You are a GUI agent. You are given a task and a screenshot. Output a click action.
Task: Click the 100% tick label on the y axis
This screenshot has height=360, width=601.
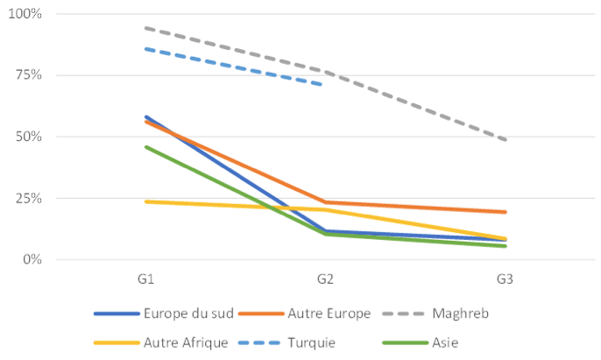[25, 15]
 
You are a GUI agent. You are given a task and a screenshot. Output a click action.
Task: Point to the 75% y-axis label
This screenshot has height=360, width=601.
[28, 75]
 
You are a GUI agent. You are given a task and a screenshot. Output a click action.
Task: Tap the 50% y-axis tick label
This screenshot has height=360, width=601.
[28, 137]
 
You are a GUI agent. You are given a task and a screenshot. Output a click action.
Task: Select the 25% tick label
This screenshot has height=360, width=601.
[28, 198]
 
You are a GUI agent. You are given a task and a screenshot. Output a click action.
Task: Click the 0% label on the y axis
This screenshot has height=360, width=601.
[32, 259]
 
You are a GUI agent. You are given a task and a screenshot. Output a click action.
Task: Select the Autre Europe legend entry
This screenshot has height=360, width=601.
[320, 313]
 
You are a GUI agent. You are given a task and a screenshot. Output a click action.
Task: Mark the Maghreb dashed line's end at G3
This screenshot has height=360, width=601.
[505, 139]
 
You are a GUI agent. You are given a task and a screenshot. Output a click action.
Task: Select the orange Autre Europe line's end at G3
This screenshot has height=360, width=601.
[505, 212]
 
